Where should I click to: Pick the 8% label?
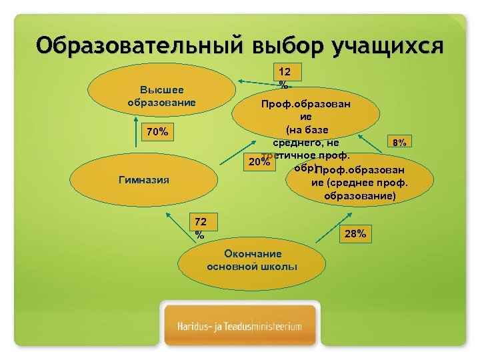[x=401, y=142]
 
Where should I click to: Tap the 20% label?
[x=258, y=162]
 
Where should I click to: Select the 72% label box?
[x=199, y=228]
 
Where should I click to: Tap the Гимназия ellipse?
[x=143, y=179]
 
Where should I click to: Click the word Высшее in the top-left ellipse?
[x=161, y=89]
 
